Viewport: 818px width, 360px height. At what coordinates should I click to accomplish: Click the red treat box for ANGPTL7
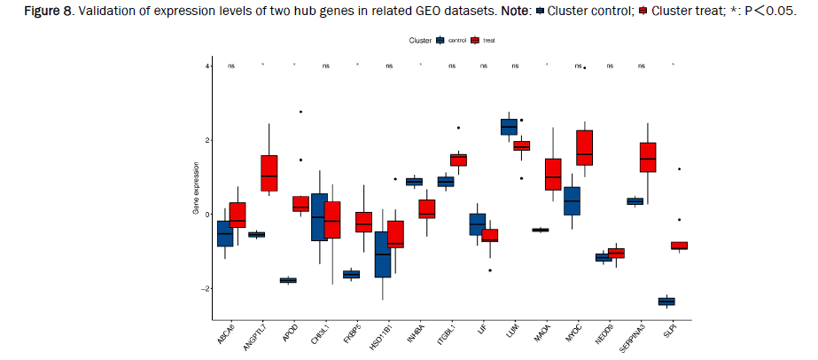tap(269, 173)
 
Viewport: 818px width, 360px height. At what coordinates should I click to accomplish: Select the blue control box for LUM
tap(509, 127)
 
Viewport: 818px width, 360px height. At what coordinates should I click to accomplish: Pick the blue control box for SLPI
tap(666, 301)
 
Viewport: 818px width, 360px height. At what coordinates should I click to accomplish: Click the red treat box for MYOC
tap(584, 147)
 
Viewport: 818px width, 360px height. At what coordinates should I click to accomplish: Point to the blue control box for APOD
tap(288, 280)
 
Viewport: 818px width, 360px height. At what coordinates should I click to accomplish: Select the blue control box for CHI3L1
tap(319, 217)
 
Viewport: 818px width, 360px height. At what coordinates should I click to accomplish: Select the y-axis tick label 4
tap(206, 67)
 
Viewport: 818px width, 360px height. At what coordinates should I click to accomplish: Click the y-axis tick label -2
tap(205, 289)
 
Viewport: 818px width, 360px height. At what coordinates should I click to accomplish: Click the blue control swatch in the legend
tap(440, 41)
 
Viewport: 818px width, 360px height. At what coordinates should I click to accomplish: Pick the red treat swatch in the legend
tap(476, 41)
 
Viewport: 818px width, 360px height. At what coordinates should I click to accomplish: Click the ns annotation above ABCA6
tap(231, 66)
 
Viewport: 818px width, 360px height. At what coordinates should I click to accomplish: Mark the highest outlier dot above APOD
tap(300, 112)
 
